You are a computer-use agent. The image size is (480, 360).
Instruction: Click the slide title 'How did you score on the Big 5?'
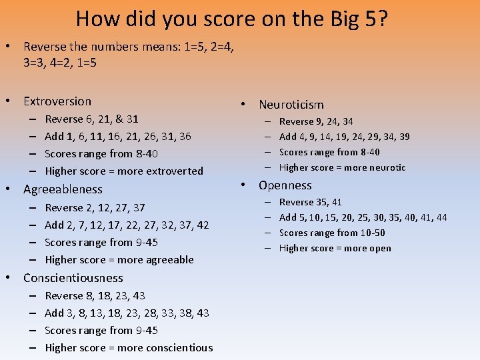[232, 18]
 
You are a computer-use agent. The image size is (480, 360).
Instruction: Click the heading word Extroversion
[57, 101]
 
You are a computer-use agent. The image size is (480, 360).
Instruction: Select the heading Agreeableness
[63, 189]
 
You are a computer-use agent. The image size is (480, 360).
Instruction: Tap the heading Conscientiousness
[73, 278]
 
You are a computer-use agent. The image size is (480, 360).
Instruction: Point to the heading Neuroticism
[291, 105]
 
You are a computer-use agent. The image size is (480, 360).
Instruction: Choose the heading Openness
[285, 185]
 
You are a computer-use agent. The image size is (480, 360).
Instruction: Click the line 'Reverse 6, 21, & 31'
[91, 119]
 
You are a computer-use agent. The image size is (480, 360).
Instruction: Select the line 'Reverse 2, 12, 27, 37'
[95, 208]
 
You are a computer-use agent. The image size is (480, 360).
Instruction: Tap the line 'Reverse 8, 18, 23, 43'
[95, 296]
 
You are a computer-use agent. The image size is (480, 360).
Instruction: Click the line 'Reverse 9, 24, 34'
[316, 121]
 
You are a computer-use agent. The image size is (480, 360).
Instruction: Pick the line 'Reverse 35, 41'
[310, 202]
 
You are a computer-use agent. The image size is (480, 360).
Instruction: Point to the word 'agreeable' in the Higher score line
[169, 260]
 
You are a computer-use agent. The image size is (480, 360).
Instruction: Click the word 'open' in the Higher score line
[379, 249]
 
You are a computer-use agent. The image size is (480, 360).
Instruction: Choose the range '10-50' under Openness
[371, 233]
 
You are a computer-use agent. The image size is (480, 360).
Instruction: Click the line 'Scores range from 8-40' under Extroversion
[101, 154]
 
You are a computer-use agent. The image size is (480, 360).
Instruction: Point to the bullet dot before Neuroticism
[245, 105]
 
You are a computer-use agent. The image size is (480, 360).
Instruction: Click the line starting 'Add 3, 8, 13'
[127, 313]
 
